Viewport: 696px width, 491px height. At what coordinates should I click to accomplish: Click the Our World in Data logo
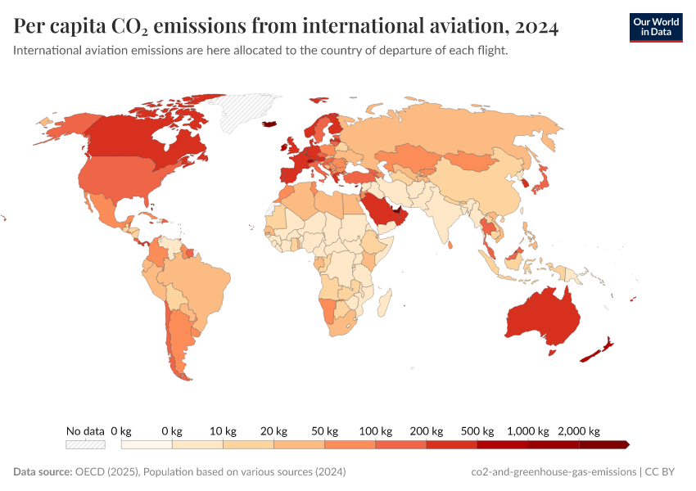tap(655, 27)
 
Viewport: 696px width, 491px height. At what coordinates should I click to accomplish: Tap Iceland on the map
tap(269, 124)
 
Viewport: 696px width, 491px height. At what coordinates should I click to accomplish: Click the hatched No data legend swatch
tap(86, 444)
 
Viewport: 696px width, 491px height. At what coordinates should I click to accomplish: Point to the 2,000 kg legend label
tap(580, 430)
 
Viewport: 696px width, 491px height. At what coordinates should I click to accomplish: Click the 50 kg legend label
tap(324, 430)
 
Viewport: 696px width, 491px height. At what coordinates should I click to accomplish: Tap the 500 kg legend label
tap(477, 430)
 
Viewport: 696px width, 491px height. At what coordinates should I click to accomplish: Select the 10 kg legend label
tap(223, 430)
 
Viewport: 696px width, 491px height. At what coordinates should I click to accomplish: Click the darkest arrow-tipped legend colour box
tap(604, 444)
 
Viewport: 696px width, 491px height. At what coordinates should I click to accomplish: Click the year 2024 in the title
tap(537, 28)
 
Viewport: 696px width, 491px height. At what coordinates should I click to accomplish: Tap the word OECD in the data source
tap(90, 472)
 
